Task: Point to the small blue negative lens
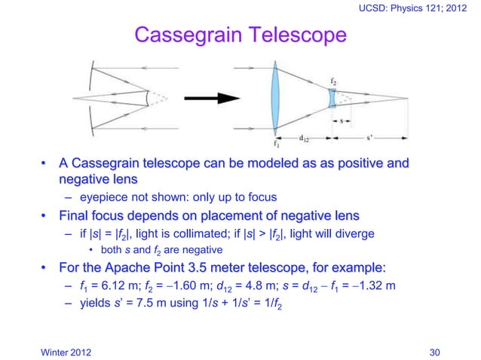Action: coord(332,98)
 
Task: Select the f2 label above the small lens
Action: coord(333,79)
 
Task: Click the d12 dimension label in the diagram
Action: coord(302,138)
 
